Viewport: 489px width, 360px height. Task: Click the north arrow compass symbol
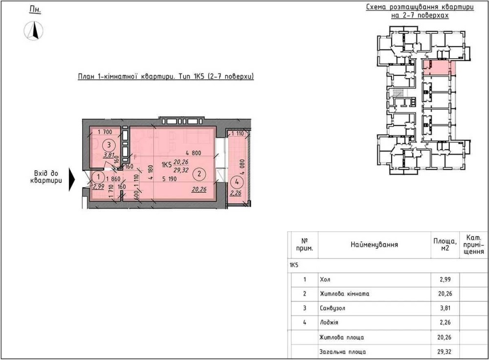click(34, 31)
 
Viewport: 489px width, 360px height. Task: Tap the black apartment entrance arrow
click(72, 180)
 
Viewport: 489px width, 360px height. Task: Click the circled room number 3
click(109, 145)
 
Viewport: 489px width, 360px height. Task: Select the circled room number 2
click(200, 174)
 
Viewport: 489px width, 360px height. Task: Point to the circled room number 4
click(237, 182)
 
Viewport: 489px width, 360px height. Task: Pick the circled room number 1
click(99, 177)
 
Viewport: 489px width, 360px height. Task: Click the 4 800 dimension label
click(193, 153)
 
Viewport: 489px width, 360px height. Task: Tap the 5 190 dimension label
click(169, 179)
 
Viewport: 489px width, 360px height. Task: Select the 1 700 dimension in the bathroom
click(105, 132)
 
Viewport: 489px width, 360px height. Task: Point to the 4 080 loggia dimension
click(243, 167)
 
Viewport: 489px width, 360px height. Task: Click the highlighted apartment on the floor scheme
click(439, 67)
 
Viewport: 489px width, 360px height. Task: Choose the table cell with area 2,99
click(445, 279)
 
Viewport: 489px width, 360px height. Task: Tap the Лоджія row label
click(329, 322)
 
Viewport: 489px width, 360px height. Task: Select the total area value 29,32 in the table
click(444, 352)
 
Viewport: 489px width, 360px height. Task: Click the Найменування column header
click(374, 245)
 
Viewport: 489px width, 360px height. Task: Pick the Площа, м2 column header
click(445, 245)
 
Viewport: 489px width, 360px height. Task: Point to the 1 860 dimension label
click(113, 179)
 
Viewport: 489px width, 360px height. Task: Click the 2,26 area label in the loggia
click(236, 193)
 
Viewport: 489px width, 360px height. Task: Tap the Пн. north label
click(35, 10)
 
